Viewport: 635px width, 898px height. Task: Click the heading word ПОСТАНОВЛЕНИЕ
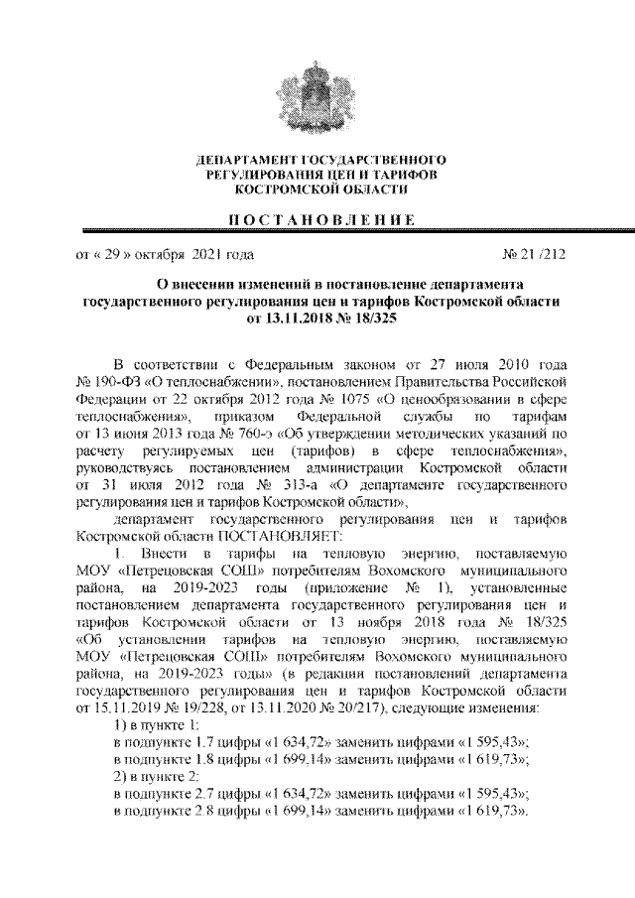coord(318,219)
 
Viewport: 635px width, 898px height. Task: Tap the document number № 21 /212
coord(535,254)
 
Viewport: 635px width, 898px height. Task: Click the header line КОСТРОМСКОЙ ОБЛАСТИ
coord(318,187)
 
